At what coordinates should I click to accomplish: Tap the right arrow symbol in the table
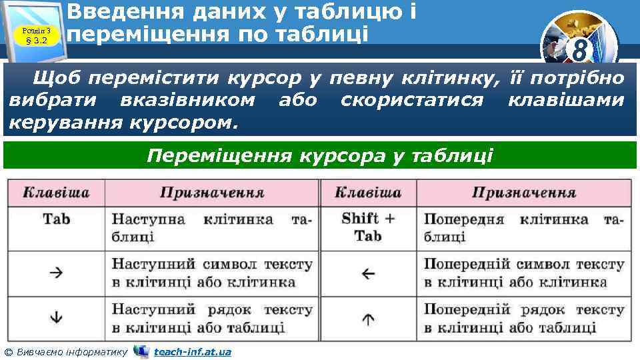56,272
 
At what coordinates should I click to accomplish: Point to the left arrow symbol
368,273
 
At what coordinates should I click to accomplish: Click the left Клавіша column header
56,193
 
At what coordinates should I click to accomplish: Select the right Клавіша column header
368,193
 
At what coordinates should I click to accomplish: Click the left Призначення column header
211,193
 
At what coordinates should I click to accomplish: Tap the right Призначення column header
523,193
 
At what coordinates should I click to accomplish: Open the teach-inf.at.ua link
192,351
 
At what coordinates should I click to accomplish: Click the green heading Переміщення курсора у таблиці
320,156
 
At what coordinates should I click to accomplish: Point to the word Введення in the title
118,11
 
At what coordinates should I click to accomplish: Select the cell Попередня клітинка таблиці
523,227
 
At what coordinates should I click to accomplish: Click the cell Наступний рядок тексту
211,318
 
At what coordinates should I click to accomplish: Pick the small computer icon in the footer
141,351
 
